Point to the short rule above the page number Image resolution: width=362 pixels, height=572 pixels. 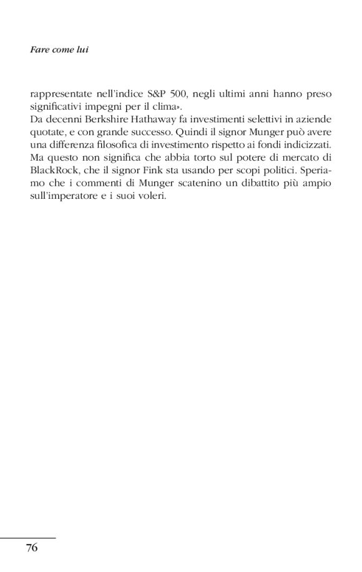point(28,538)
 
